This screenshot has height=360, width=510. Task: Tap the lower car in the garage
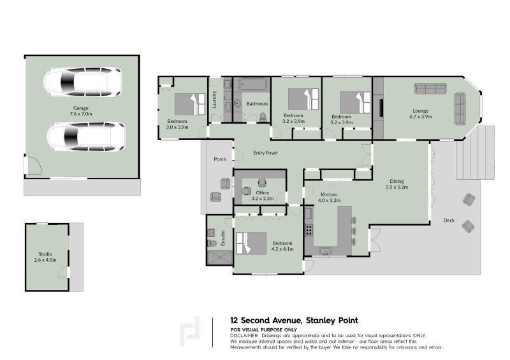(85, 136)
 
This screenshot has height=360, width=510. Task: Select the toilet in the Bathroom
(263, 117)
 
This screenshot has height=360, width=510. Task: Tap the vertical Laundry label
(214, 99)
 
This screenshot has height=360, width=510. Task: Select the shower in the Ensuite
(219, 257)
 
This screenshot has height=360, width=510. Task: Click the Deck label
(449, 221)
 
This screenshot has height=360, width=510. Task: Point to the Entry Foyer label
(265, 153)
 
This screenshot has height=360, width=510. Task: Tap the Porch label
(220, 159)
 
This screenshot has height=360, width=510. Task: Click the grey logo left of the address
(189, 331)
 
